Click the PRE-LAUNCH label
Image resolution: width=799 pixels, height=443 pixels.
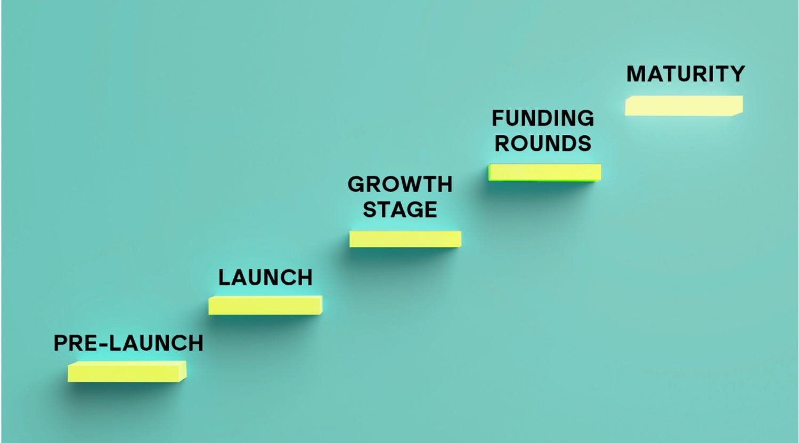(x=128, y=343)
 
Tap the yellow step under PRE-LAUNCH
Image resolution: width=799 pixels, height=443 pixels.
(x=127, y=372)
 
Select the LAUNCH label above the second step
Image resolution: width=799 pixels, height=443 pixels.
(x=265, y=278)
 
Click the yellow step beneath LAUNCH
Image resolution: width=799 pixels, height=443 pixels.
(x=265, y=305)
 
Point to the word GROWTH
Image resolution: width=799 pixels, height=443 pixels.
(x=400, y=184)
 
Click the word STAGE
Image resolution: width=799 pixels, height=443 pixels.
(x=400, y=209)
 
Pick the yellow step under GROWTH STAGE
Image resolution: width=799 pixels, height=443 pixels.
(x=405, y=239)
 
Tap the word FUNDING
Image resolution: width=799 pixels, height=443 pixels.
(x=543, y=118)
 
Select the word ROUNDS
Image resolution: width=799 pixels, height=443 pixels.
(x=543, y=143)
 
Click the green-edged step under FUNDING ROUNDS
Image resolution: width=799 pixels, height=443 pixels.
(x=545, y=173)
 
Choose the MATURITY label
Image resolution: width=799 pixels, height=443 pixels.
(x=686, y=74)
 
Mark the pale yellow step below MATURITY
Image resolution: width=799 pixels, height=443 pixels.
(x=684, y=106)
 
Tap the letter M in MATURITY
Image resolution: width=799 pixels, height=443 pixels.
(x=637, y=74)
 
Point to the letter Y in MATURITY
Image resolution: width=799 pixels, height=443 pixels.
(x=736, y=74)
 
